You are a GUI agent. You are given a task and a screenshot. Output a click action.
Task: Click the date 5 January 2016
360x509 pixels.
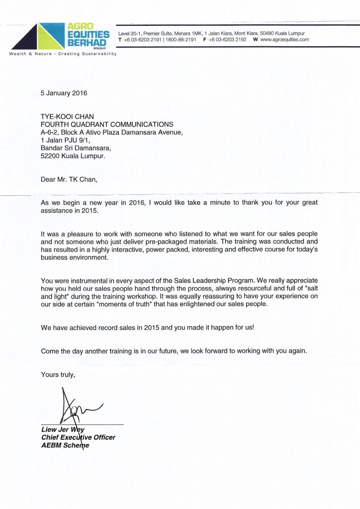click(66, 93)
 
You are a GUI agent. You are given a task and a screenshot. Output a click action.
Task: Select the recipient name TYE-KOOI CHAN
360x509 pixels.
click(66, 116)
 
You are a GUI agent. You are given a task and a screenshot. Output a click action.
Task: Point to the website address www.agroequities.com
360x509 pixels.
click(284, 40)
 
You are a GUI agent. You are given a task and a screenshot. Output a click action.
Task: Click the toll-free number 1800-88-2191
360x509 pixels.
click(180, 40)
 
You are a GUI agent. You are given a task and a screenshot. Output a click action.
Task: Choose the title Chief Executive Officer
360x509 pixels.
click(79, 437)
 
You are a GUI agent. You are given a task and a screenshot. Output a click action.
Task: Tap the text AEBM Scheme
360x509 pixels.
click(65, 445)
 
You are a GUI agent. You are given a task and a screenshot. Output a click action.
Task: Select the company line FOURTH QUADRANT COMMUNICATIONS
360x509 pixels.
click(107, 124)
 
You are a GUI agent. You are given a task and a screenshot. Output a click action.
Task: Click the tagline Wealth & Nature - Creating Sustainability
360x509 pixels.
click(63, 54)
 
